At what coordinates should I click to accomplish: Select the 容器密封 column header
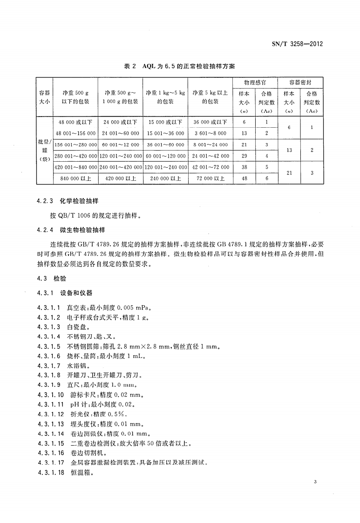coord(301,82)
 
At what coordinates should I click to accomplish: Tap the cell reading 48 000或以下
coord(75,122)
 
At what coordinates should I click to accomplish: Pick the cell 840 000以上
coord(75,178)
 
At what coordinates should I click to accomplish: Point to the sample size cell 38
coord(244,167)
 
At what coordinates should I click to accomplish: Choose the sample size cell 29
coord(244,156)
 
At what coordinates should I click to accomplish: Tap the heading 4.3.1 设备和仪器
coord(64,293)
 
